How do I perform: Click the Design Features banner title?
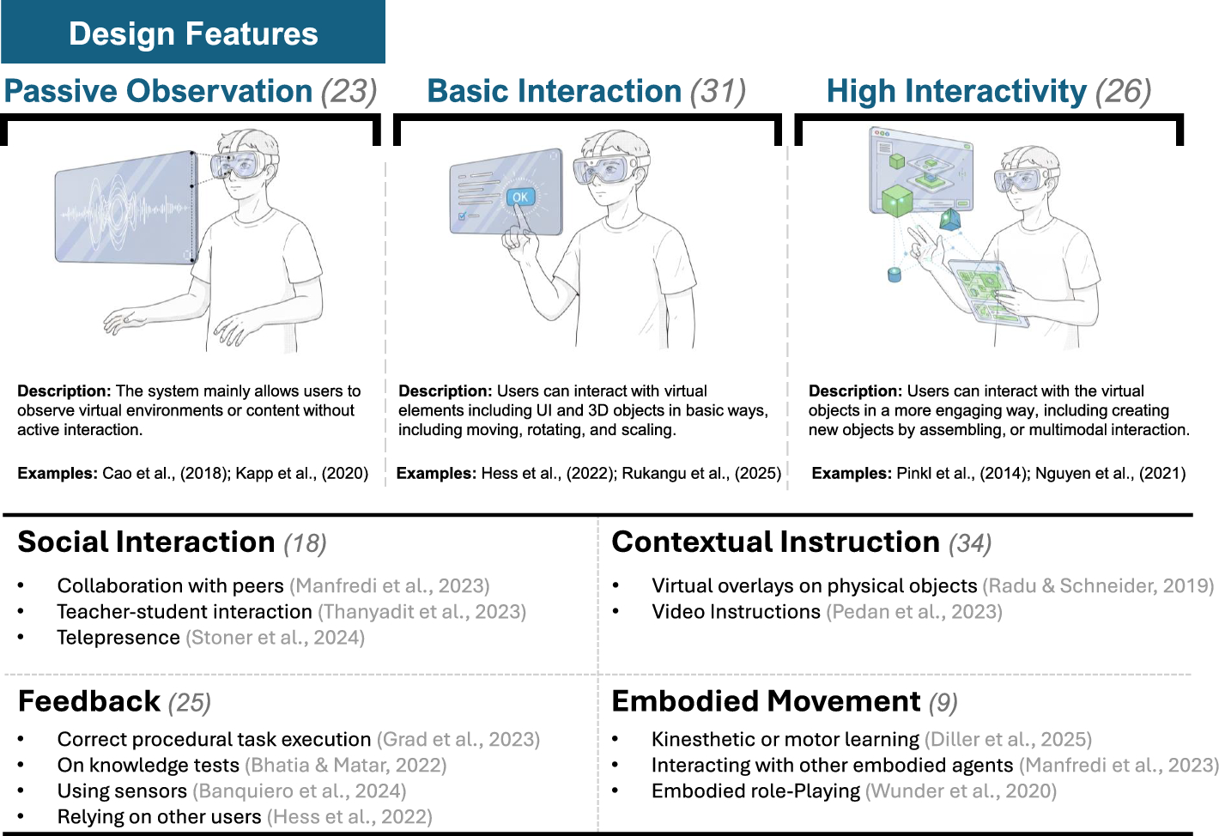click(193, 33)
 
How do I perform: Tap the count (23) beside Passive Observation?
click(349, 91)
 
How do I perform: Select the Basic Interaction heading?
click(554, 91)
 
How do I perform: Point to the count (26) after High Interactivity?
click(1123, 91)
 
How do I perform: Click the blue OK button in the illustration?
click(520, 197)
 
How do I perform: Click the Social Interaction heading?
click(146, 542)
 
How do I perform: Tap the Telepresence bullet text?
click(118, 638)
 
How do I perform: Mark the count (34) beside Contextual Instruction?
click(970, 543)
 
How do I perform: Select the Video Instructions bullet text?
click(736, 612)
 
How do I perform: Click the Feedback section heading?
click(89, 702)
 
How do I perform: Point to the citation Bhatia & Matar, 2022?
click(346, 765)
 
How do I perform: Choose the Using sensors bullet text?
click(122, 791)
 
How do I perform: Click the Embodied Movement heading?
click(766, 702)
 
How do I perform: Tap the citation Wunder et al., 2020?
click(961, 791)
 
